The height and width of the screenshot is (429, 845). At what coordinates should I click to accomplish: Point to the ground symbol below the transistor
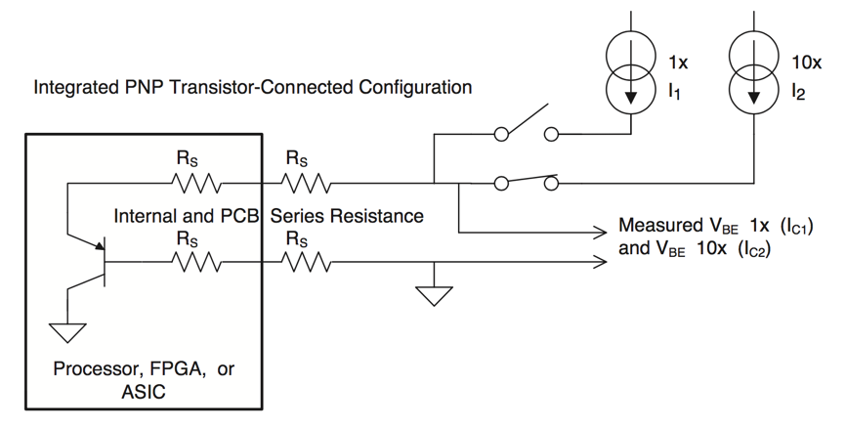tap(68, 332)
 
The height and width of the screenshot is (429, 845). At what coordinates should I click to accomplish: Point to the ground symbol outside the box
tap(434, 294)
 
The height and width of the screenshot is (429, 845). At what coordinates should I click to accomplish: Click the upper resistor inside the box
tap(196, 182)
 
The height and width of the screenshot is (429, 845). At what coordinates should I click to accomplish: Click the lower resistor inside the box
tap(196, 261)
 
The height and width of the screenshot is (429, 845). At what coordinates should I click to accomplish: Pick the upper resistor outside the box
tap(305, 182)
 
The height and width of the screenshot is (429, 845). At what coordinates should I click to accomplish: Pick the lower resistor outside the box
tap(305, 261)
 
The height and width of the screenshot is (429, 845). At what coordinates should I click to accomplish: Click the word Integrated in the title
tap(75, 88)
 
